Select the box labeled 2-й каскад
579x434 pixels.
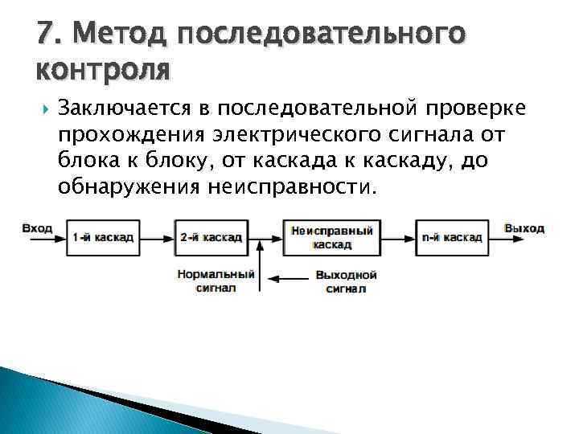coord(211,237)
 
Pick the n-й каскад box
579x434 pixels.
coord(451,237)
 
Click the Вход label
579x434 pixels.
coord(37,228)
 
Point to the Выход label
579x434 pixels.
coord(524,228)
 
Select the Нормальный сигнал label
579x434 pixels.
coord(216,281)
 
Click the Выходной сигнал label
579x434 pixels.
coord(346,281)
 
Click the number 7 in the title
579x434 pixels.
coord(44,35)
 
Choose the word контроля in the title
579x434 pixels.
coord(103,70)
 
